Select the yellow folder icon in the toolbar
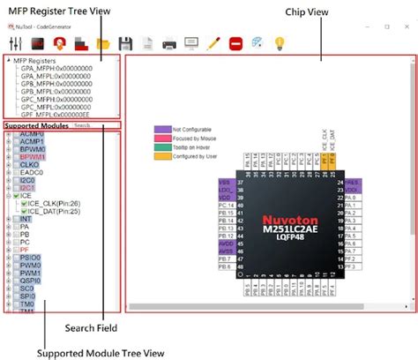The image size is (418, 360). (x=103, y=42)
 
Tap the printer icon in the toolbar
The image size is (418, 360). (x=168, y=42)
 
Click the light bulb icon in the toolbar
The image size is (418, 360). (x=280, y=42)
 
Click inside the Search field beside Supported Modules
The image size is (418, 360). (x=95, y=125)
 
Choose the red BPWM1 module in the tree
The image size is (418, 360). (x=32, y=156)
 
